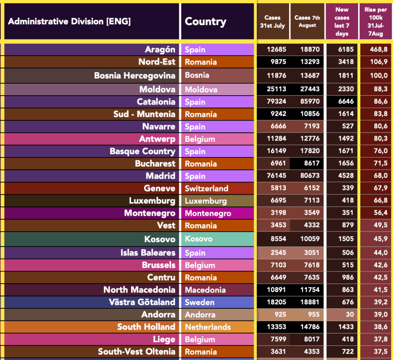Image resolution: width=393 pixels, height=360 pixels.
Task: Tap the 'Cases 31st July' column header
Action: (272, 22)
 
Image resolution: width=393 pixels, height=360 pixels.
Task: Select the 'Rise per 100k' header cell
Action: (375, 22)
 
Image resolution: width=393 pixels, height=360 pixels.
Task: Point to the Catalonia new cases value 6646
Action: (341, 102)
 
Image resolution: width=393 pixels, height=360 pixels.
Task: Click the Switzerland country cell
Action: (217, 188)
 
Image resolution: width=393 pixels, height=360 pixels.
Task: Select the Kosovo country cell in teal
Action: (217, 239)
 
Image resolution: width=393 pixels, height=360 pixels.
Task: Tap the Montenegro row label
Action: (150, 213)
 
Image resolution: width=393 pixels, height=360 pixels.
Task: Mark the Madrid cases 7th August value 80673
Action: (307, 176)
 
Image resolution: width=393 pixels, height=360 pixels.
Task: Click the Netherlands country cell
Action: (217, 327)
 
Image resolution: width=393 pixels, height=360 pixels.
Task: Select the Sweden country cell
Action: (217, 302)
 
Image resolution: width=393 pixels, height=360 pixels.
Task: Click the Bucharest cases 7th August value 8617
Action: (307, 164)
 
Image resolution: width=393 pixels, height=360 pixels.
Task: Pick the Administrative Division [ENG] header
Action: (69, 22)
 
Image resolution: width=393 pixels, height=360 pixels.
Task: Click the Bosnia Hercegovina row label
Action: (135, 76)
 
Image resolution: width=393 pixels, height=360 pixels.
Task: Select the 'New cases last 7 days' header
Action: (341, 22)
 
